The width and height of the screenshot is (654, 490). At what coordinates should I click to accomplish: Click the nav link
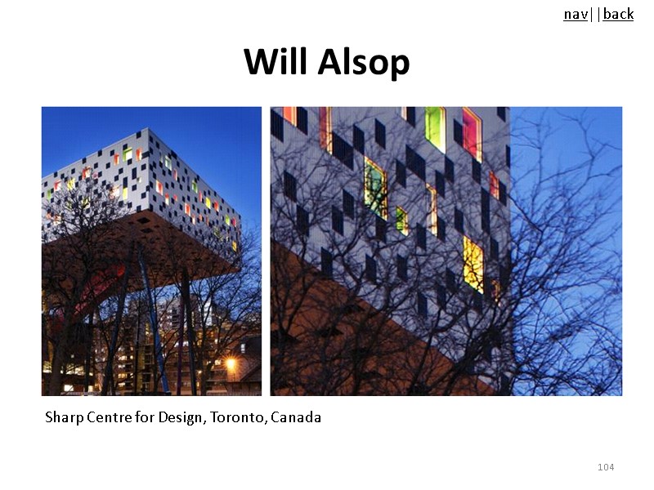[575, 14]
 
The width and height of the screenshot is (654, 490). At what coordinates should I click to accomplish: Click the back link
[618, 14]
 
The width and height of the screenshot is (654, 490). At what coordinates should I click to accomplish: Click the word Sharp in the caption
[62, 418]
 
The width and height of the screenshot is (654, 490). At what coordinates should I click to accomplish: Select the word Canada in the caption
[296, 418]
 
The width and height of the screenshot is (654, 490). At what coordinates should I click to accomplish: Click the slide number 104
[606, 467]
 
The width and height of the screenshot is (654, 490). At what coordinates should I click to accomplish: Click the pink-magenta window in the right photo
[472, 132]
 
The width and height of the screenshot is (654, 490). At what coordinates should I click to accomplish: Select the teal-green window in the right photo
[375, 188]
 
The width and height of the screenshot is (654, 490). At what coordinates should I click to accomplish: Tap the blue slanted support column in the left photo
[154, 327]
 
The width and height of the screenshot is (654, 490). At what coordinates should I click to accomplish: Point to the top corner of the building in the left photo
[150, 129]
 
